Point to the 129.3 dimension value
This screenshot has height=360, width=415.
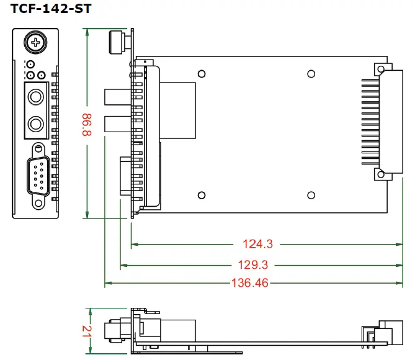point(253,265)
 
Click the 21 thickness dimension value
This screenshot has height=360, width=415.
point(87,331)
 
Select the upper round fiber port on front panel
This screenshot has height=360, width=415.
point(35,97)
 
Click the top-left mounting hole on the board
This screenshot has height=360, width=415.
point(201,74)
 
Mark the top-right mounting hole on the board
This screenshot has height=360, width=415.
point(310,74)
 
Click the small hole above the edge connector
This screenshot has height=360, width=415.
point(377,68)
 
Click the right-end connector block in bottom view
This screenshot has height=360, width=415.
point(389,331)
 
